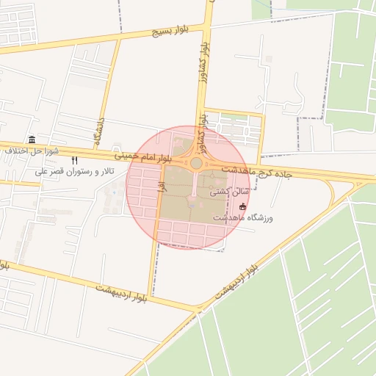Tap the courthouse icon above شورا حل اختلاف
pyautogui.click(x=31, y=140)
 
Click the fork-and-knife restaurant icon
pyautogui.click(x=74, y=160)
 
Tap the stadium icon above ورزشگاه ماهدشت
pyautogui.click(x=243, y=207)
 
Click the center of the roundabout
pyautogui.click(x=196, y=163)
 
